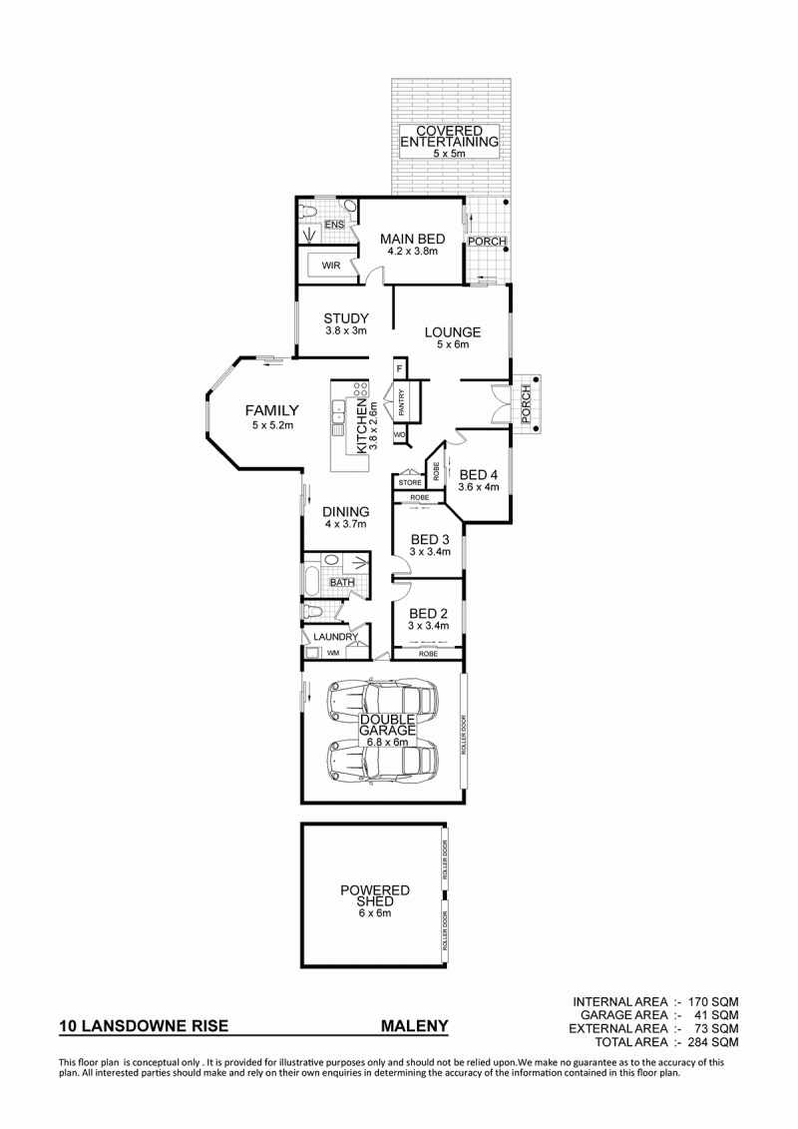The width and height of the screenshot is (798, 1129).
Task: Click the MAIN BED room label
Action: point(412,239)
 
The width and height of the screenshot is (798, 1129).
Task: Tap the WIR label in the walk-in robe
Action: point(331,266)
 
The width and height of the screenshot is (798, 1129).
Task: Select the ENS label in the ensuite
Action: point(334,226)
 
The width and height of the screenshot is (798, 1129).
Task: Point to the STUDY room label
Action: point(346,318)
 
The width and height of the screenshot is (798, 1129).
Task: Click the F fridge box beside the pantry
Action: point(399,368)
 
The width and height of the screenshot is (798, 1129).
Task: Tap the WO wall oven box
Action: point(399,435)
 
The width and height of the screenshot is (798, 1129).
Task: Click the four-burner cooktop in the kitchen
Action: point(359,392)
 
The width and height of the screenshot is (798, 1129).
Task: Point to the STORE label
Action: point(410,482)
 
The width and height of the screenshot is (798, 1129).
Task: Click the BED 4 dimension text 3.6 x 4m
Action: point(479,486)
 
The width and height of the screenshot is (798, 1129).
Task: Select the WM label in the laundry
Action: point(333,653)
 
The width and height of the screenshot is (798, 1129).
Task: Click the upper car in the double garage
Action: point(382,699)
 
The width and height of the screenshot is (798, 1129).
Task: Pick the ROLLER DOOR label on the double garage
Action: point(464,734)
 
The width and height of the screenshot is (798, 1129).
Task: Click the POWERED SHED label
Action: point(375,895)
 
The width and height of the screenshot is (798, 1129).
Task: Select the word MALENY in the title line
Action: point(414,1026)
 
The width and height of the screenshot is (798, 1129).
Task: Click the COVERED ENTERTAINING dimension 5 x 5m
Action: point(450,154)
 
